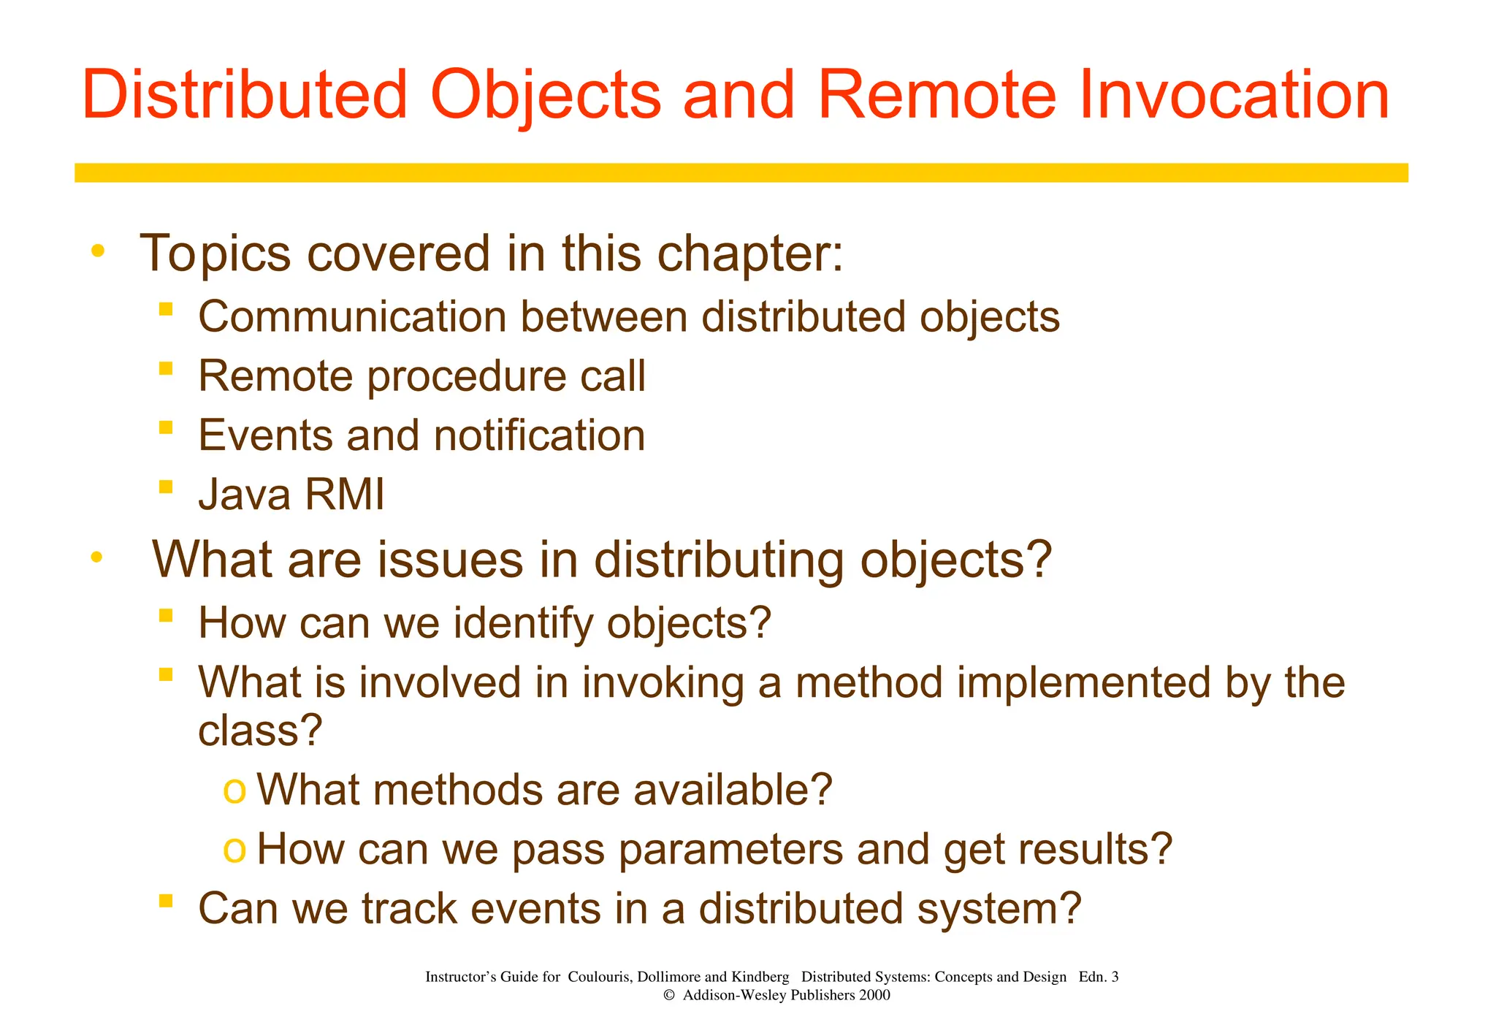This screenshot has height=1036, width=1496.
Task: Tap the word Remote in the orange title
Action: pyautogui.click(x=936, y=95)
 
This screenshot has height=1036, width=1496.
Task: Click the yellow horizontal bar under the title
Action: pyautogui.click(x=741, y=173)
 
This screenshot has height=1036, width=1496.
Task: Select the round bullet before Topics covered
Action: pyautogui.click(x=97, y=251)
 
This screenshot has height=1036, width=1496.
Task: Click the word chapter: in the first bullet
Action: pyautogui.click(x=750, y=254)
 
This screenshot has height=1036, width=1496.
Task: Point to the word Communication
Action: pyautogui.click(x=352, y=318)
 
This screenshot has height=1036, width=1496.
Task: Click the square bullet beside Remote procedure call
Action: pyautogui.click(x=166, y=368)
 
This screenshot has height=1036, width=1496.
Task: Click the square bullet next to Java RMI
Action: pyautogui.click(x=166, y=487)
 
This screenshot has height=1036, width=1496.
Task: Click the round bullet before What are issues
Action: pyautogui.click(x=96, y=558)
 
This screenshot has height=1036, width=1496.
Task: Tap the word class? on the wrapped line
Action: pyautogui.click(x=260, y=730)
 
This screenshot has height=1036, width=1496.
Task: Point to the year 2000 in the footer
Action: pyautogui.click(x=874, y=995)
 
